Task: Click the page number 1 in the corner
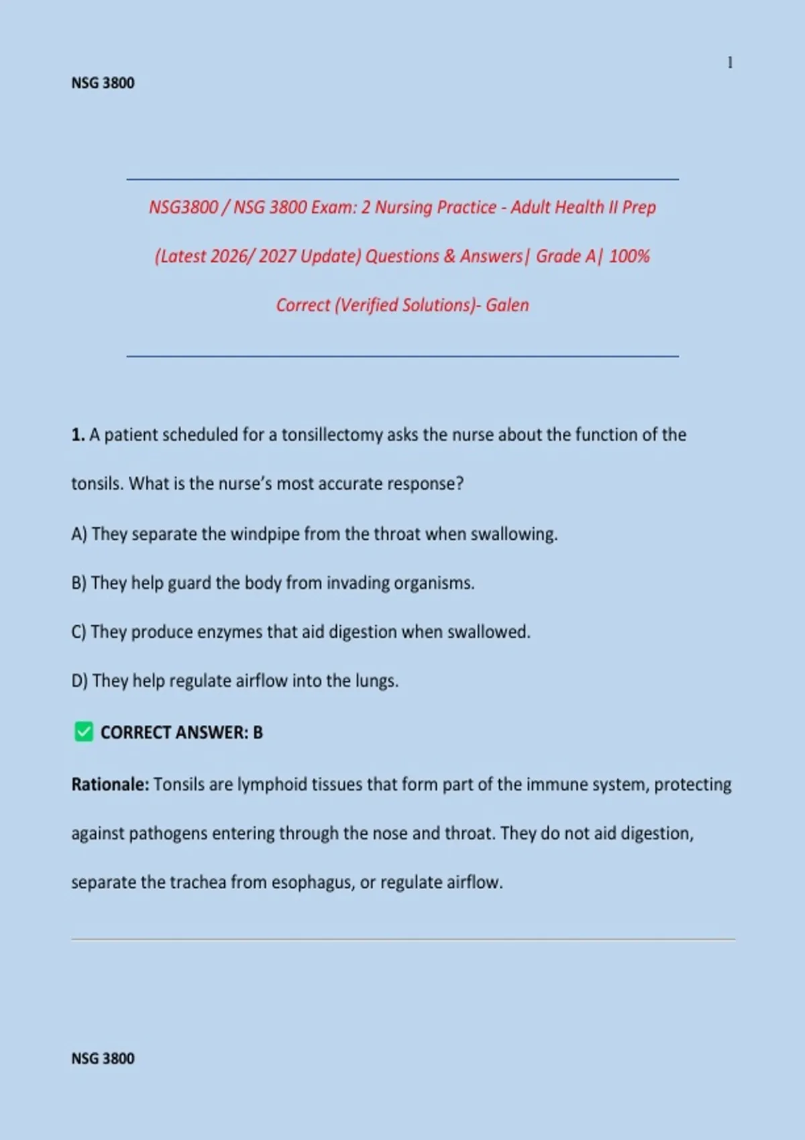coord(730,63)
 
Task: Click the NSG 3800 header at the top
coord(103,83)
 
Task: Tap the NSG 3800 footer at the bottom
coord(103,1058)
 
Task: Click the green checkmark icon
coord(84,732)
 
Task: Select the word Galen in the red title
coord(507,305)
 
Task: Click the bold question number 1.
coord(77,435)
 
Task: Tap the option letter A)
coord(79,534)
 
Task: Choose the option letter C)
coord(78,632)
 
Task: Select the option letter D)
coord(79,681)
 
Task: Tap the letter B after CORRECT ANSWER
coord(258,732)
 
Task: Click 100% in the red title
coord(629,256)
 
